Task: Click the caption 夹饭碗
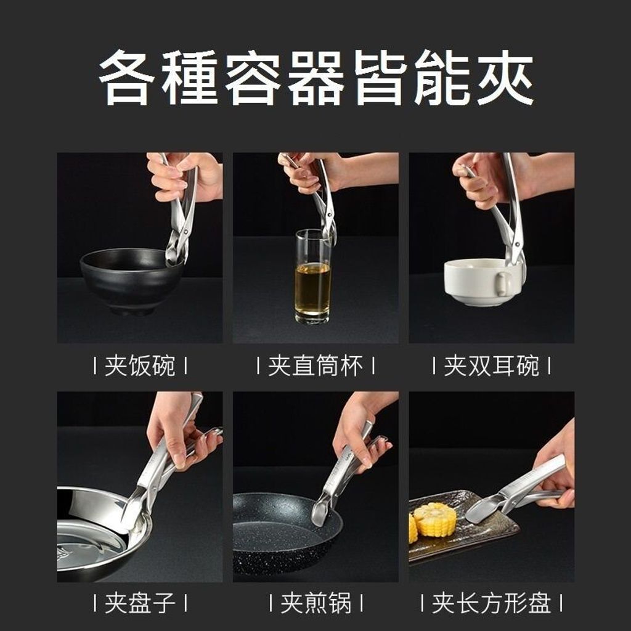(140, 366)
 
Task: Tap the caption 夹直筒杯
(315, 366)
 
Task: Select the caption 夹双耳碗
(491, 366)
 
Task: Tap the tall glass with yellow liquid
(313, 277)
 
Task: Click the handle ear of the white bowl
(503, 283)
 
